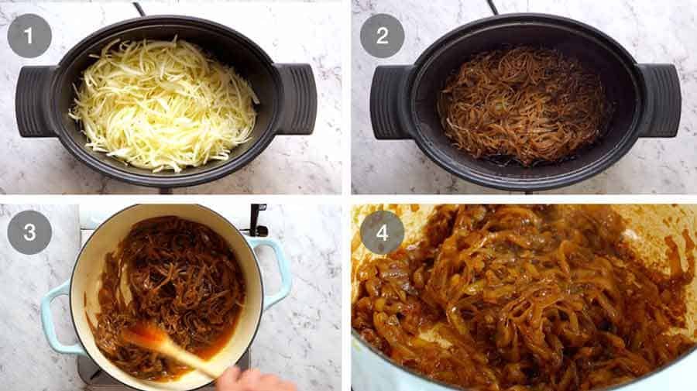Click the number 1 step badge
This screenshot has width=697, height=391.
coord(29,36)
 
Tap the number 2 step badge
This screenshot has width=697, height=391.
coord(382,36)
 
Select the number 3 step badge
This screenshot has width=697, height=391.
coord(29,232)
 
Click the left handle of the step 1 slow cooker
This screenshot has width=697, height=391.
coord(34,101)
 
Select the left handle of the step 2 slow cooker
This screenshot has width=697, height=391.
coord(389,101)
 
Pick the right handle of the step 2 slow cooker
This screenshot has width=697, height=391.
coord(661,101)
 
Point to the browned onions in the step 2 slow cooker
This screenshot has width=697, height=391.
coord(523,105)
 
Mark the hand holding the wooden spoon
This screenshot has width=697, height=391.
coord(248,379)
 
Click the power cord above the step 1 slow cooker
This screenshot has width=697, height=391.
coord(139,8)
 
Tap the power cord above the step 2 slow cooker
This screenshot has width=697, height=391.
coord(493,7)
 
